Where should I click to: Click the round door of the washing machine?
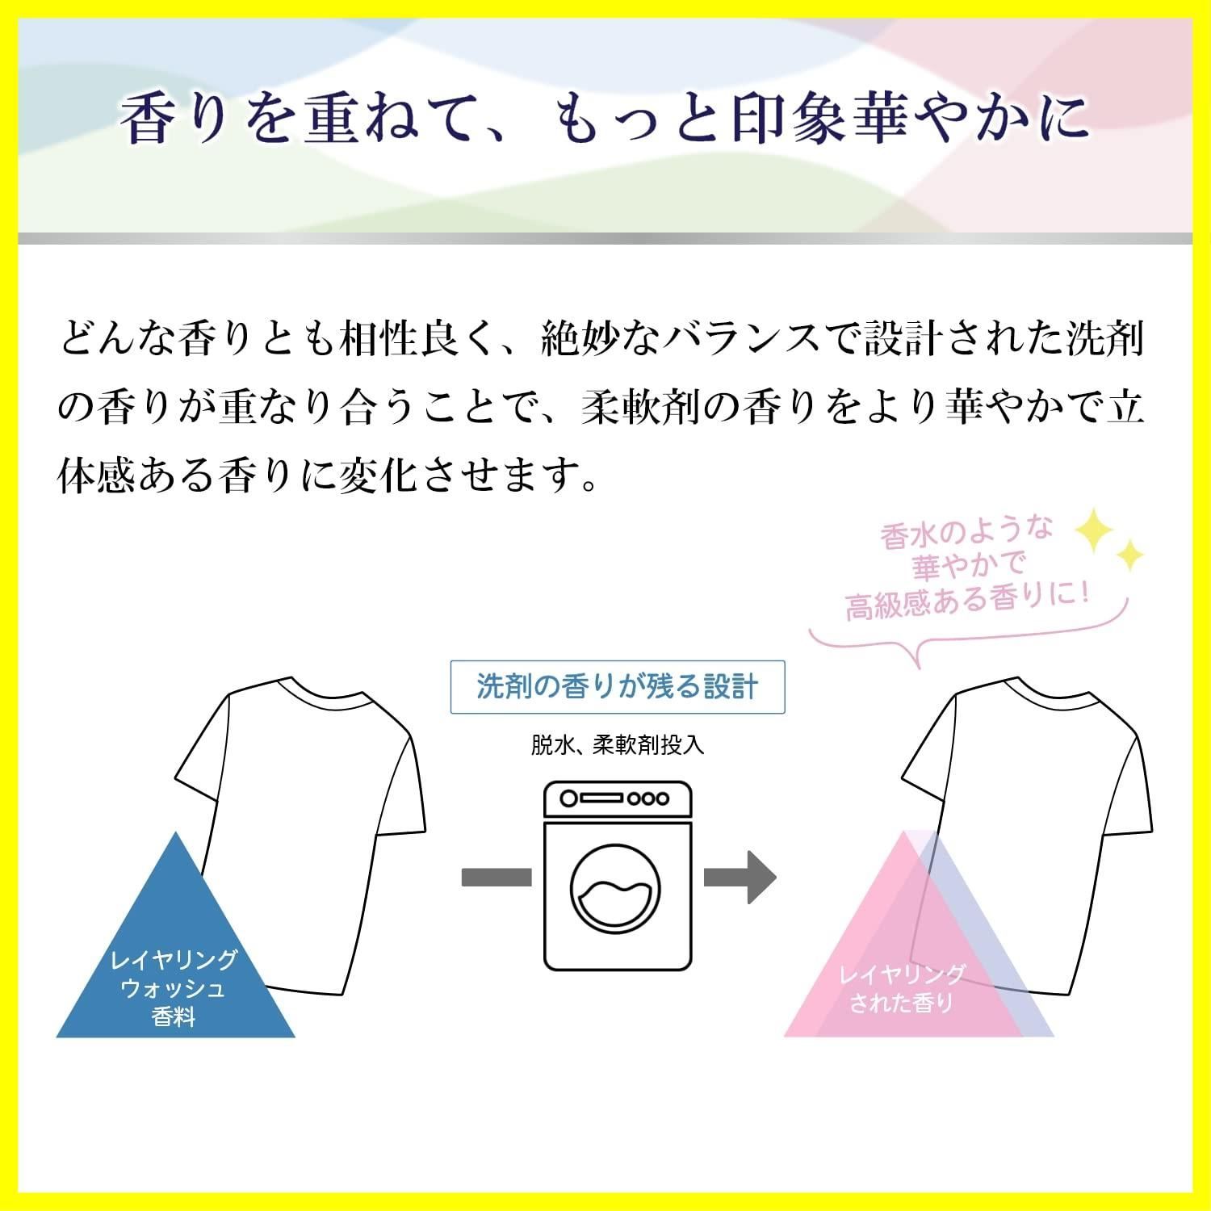[618, 891]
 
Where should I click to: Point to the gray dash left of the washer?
[496, 877]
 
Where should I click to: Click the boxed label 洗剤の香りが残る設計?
[617, 687]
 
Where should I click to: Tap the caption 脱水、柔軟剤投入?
[618, 744]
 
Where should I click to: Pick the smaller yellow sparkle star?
[1129, 555]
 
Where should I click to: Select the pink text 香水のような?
[967, 533]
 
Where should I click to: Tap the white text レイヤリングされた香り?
[902, 989]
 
